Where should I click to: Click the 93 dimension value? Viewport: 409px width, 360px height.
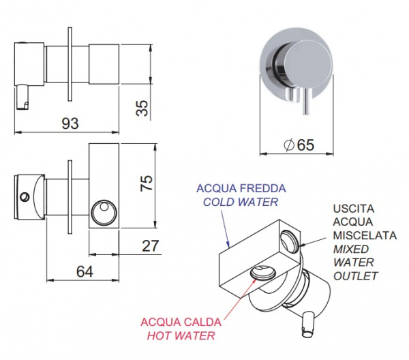click(x=70, y=123)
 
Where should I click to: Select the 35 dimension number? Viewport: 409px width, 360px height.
click(x=142, y=108)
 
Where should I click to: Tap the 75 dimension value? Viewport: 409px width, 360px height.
click(x=147, y=183)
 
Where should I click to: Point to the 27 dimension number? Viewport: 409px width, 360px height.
click(x=150, y=245)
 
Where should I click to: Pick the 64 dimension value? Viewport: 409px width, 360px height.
click(x=85, y=271)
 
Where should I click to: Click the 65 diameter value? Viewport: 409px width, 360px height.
click(x=305, y=145)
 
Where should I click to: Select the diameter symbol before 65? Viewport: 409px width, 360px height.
click(x=289, y=145)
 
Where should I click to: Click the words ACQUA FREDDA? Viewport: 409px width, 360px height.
click(x=241, y=188)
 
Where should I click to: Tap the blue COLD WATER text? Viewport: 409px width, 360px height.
click(x=241, y=202)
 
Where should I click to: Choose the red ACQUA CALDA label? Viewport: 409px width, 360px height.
click(x=181, y=322)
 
